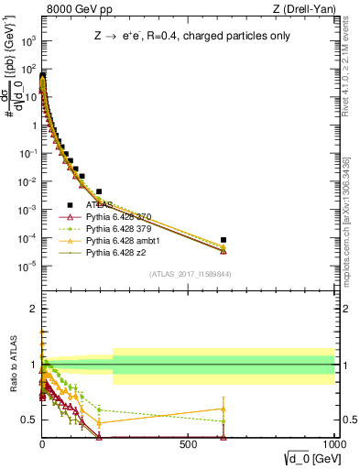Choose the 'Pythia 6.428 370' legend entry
tap(120, 217)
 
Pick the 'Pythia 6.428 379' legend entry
tap(120, 229)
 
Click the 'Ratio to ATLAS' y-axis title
tap(14, 366)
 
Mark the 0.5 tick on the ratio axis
tap(29, 420)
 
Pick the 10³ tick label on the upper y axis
tap(28, 41)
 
